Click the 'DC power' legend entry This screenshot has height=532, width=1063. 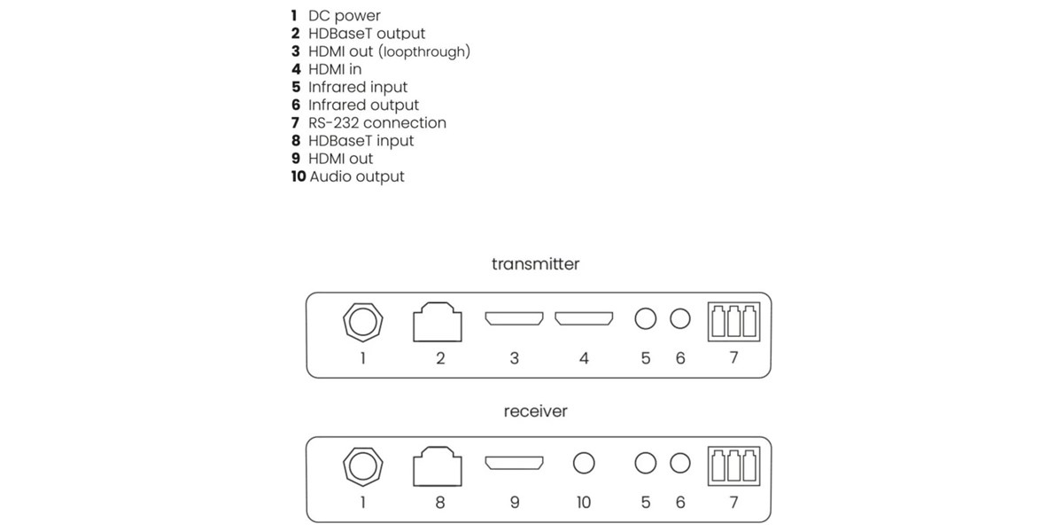pos(337,16)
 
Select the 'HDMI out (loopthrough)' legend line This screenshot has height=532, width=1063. pos(381,51)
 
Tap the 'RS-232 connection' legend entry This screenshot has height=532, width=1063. pos(369,122)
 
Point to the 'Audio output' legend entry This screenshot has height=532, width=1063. pos(348,176)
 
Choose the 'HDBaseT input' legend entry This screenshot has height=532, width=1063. pos(353,141)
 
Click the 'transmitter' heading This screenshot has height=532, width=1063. pos(535,264)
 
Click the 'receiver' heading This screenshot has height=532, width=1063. pos(535,411)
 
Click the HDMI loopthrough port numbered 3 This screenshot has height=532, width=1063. pos(514,319)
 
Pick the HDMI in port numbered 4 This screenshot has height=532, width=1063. pos(583,319)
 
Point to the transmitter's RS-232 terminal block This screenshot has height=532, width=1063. pos(733,322)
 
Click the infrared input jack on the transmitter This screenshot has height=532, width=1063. pos(646,319)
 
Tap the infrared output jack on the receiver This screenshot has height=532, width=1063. pos(679,463)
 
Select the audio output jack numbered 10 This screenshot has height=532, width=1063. pos(583,463)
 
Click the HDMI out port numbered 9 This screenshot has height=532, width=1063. pos(514,463)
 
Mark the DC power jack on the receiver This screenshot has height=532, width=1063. pos(362,465)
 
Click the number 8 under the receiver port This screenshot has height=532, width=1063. pos(440,503)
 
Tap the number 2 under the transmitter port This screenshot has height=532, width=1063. pos(440,358)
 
